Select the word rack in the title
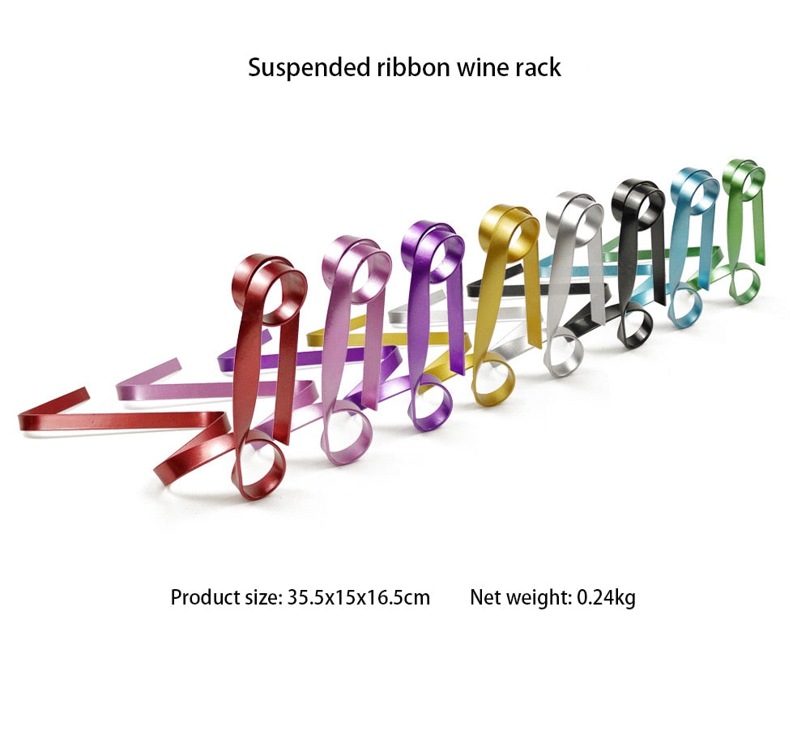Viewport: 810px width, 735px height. point(537,67)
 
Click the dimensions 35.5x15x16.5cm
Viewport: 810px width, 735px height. point(358,598)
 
